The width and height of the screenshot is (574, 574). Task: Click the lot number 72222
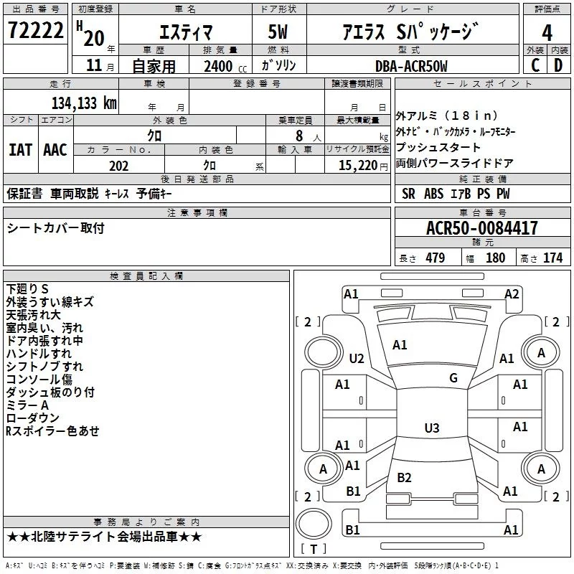click(x=35, y=30)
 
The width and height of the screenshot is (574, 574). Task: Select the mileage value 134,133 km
click(x=84, y=103)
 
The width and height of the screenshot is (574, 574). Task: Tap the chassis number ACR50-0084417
click(x=481, y=228)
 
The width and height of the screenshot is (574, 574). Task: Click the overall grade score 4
click(x=547, y=33)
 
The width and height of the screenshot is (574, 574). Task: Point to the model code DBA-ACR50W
click(x=411, y=66)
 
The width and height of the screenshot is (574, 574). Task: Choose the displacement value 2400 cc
click(x=225, y=67)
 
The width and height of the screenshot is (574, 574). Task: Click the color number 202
click(x=118, y=166)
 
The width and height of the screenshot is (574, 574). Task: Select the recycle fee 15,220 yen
click(x=363, y=166)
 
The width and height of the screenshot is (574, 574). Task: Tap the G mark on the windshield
click(x=453, y=378)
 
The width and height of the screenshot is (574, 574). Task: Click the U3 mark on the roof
click(x=432, y=428)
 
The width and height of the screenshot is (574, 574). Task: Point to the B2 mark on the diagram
click(x=404, y=477)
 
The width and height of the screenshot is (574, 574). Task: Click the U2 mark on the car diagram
click(x=357, y=358)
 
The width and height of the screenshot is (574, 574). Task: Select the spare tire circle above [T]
click(x=314, y=524)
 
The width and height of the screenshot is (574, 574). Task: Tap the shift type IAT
click(x=20, y=150)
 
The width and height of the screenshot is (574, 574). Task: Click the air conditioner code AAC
click(x=55, y=150)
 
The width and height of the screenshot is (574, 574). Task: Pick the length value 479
click(x=436, y=258)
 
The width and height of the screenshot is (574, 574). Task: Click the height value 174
click(x=552, y=258)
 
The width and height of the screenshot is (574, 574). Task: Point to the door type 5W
click(x=278, y=32)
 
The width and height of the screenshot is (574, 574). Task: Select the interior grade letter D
click(x=558, y=65)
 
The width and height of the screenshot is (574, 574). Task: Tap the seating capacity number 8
click(x=299, y=136)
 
